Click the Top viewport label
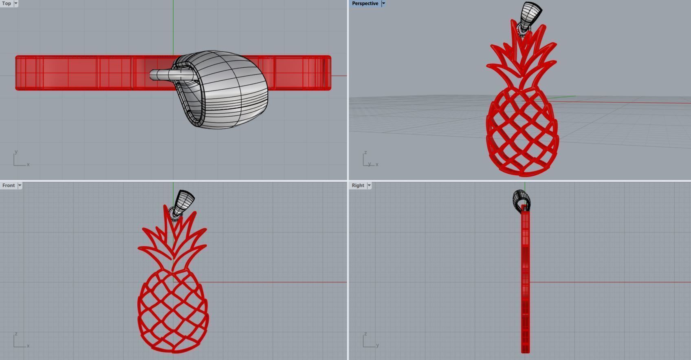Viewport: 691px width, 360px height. pos(7,3)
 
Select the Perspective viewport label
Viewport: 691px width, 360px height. pos(365,3)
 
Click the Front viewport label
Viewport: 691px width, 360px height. pos(8,186)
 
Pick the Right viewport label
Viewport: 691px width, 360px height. pos(358,186)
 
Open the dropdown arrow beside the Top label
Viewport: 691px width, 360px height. pos(16,3)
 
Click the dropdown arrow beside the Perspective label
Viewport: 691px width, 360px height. pos(383,3)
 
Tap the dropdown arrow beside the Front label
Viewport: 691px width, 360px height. pos(20,186)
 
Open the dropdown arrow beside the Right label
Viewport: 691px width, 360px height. pos(369,186)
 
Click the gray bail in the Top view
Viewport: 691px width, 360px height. pos(228,90)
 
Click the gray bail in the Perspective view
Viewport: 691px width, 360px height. pos(531,14)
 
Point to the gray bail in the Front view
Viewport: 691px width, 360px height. pos(184,202)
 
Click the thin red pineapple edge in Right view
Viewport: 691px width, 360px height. pos(525,281)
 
